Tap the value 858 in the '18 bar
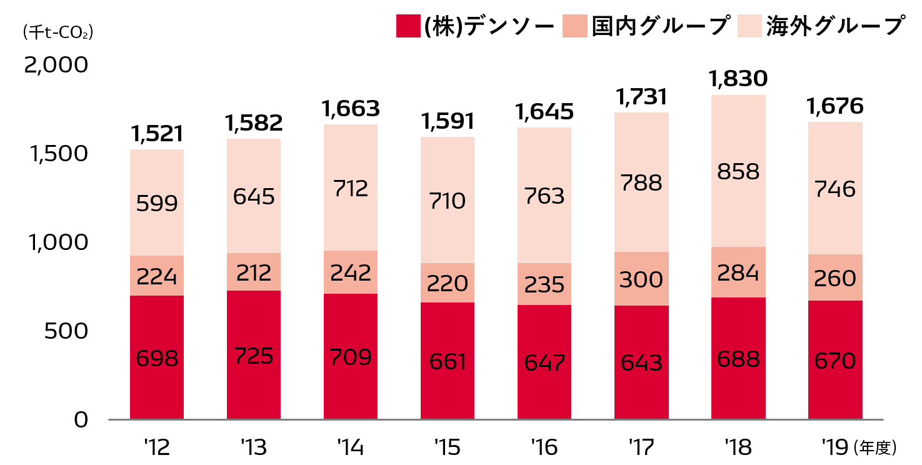[x=738, y=172]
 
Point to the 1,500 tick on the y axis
[x=57, y=154]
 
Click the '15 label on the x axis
[x=447, y=447]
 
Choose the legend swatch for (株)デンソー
[x=408, y=26]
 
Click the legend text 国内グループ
[x=661, y=26]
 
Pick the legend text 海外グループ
[x=836, y=26]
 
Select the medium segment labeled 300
[x=641, y=279]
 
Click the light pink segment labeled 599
[x=157, y=203]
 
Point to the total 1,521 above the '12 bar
[x=157, y=133]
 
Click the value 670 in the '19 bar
[x=835, y=360]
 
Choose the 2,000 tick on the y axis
[x=57, y=65]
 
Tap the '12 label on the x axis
[x=156, y=447]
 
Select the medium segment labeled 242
[x=351, y=272]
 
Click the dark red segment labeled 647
[x=544, y=362]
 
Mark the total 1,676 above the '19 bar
[x=835, y=106]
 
